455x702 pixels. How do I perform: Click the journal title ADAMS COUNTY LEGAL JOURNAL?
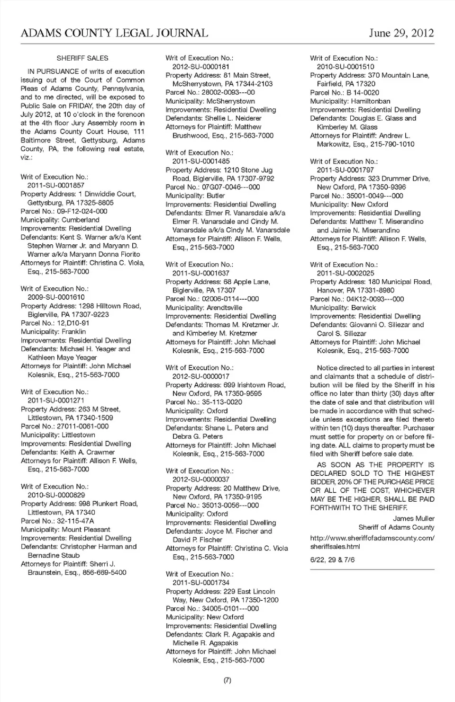pyautogui.click(x=114, y=33)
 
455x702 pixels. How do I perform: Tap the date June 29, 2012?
pyautogui.click(x=401, y=33)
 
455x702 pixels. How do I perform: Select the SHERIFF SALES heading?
pyautogui.click(x=82, y=58)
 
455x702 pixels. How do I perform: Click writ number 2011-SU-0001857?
pyautogui.click(x=55, y=186)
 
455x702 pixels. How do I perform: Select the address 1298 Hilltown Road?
pyautogui.click(x=109, y=306)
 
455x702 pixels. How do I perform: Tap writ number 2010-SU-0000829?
pyautogui.click(x=56, y=495)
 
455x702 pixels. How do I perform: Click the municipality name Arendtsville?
pyautogui.click(x=224, y=308)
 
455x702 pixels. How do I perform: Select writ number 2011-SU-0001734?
pyautogui.click(x=201, y=583)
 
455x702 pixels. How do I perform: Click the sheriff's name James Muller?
pyautogui.click(x=413, y=518)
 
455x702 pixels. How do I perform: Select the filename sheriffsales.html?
pyautogui.click(x=335, y=546)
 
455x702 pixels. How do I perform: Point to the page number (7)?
pyautogui.click(x=227, y=680)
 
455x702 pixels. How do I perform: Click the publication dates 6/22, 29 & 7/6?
pyautogui.click(x=332, y=560)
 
